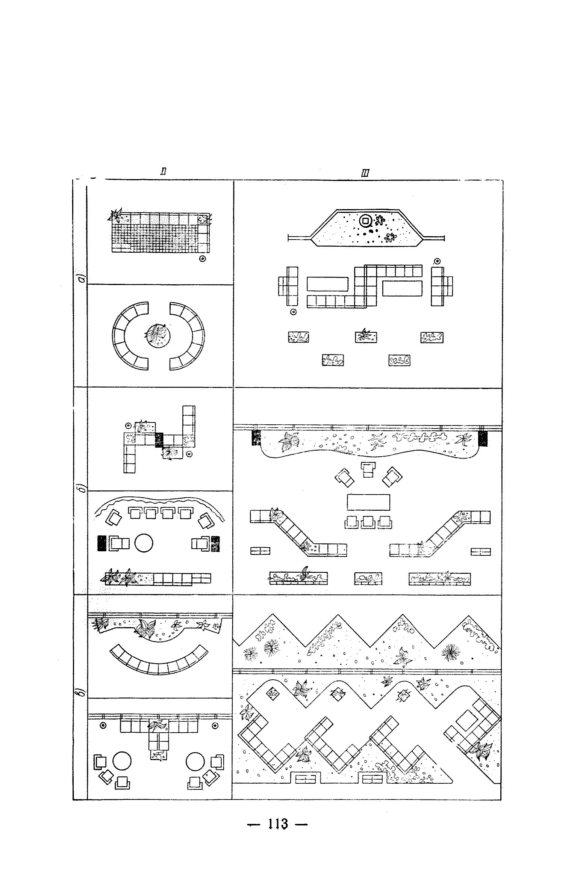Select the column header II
click(164, 172)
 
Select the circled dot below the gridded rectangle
click(203, 258)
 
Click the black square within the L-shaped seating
click(159, 440)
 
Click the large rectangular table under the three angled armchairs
click(368, 502)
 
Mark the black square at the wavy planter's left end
click(256, 438)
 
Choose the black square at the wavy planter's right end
click(483, 438)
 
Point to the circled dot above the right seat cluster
click(437, 261)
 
